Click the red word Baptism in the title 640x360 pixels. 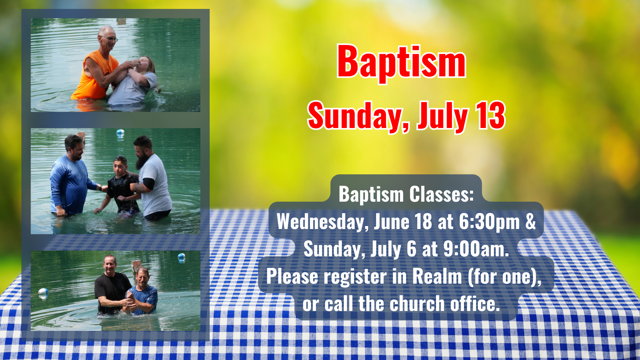(401, 63)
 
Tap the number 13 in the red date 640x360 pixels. (490, 115)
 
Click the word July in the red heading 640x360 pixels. (443, 117)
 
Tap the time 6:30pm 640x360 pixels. (489, 222)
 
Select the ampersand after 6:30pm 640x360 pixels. (530, 221)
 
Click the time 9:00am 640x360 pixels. (476, 249)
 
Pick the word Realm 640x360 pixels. (437, 276)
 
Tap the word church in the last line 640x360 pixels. (417, 304)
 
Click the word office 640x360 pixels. (475, 304)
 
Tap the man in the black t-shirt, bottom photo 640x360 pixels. (112, 285)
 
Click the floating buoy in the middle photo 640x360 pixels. (120, 133)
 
